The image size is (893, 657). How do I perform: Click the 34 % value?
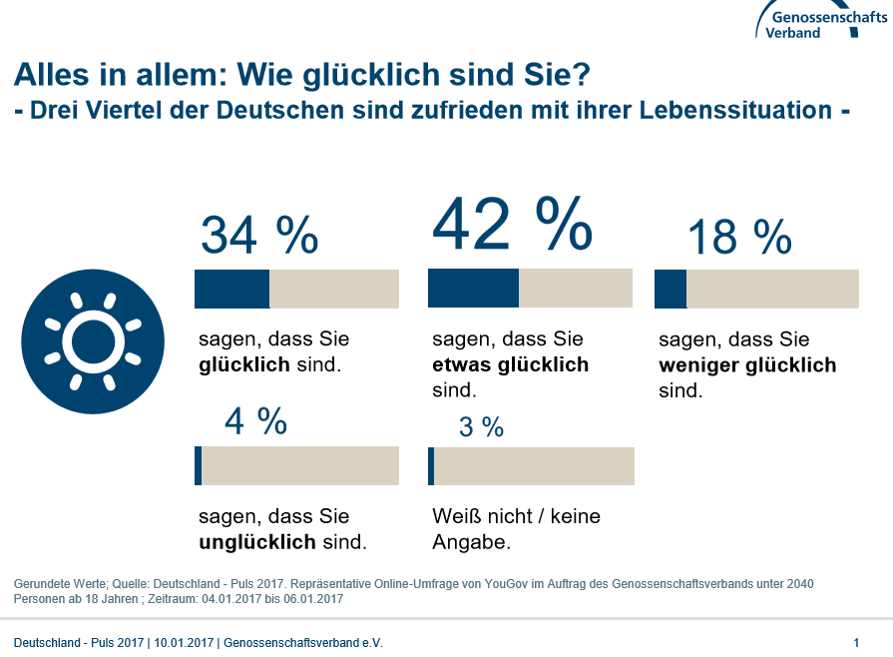point(259,236)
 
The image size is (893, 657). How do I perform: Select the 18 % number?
point(739,238)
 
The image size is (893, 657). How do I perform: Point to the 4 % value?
point(255,421)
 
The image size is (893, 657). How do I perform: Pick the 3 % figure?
point(481,427)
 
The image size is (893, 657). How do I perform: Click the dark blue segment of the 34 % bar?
point(231,289)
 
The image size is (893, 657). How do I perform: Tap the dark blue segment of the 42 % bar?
point(473,288)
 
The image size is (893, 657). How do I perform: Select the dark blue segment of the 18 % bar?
point(670,289)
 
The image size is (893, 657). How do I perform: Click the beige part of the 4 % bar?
point(300,465)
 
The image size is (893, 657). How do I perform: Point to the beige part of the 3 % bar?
point(534,465)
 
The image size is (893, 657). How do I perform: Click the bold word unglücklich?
point(257,543)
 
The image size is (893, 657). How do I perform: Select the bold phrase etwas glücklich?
point(510,364)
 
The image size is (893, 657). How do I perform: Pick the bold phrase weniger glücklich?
point(747,364)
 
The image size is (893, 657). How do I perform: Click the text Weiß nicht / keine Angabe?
point(516,529)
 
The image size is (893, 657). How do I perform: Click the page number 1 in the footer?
point(856,642)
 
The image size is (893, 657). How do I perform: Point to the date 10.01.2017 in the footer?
point(183,642)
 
